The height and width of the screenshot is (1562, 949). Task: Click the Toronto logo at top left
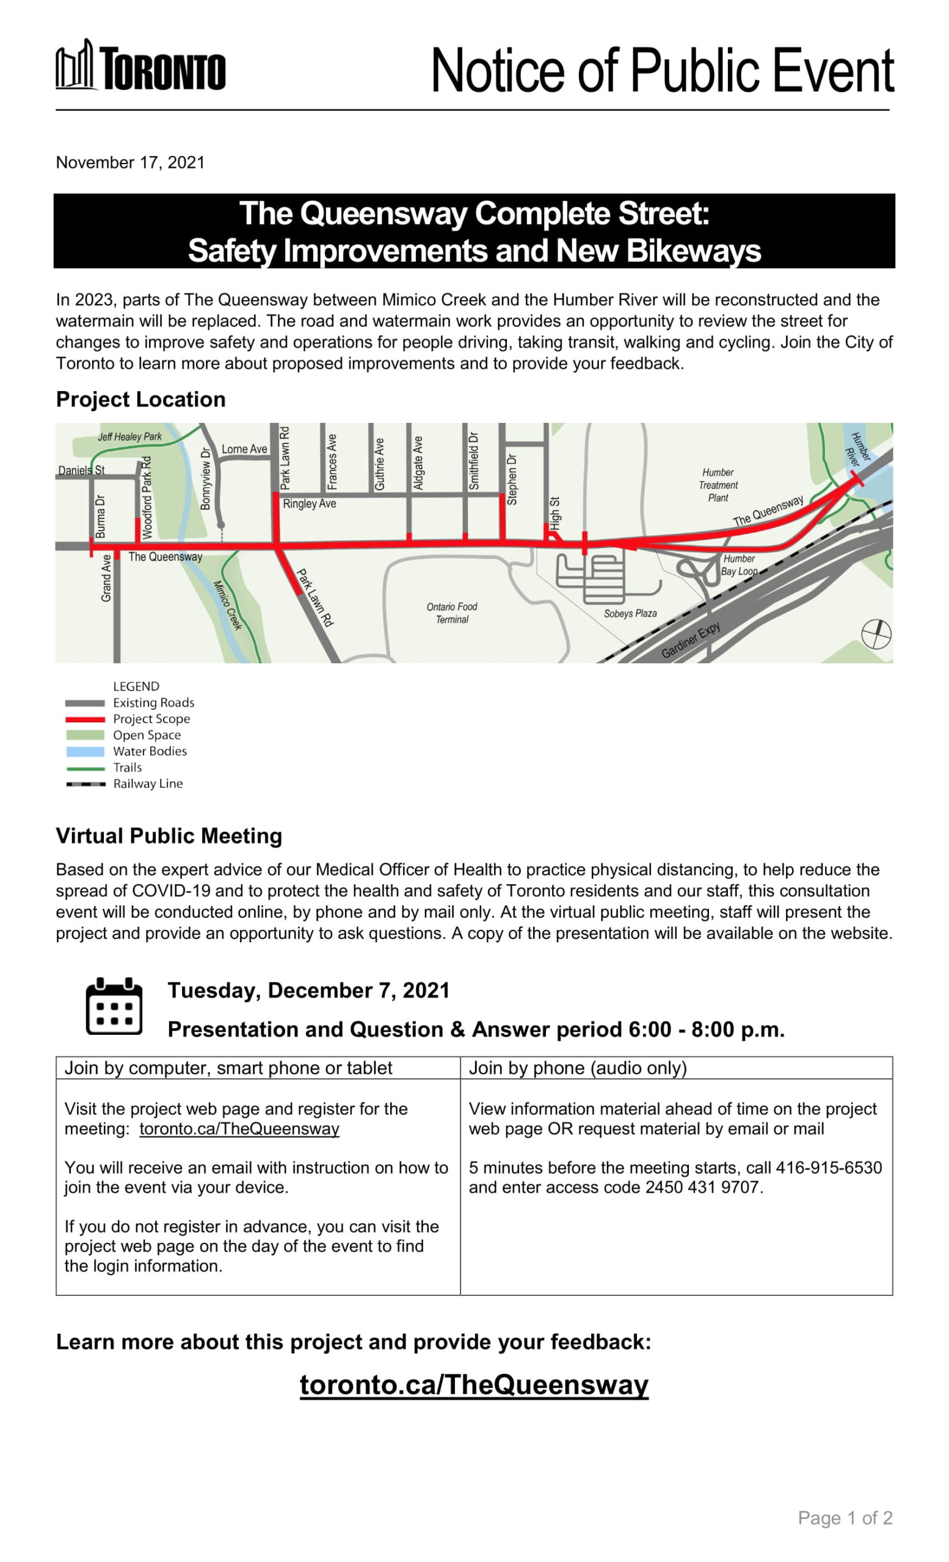click(x=140, y=67)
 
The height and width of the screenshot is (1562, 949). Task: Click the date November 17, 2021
click(x=130, y=163)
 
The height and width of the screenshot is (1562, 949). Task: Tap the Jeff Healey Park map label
click(x=129, y=437)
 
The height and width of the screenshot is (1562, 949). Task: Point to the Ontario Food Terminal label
click(x=452, y=613)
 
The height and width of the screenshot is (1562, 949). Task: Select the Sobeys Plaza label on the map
click(x=629, y=614)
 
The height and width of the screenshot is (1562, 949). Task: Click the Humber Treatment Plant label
click(x=718, y=485)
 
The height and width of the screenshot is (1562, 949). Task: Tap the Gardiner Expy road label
click(x=690, y=640)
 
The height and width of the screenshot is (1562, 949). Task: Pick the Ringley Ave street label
click(x=309, y=504)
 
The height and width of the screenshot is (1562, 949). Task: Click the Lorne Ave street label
click(x=244, y=450)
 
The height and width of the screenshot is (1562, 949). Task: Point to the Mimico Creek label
click(x=228, y=605)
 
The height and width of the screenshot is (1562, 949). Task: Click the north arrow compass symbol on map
click(x=876, y=634)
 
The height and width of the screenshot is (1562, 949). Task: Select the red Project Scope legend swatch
click(x=85, y=719)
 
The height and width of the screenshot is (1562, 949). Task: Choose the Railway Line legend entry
click(x=147, y=784)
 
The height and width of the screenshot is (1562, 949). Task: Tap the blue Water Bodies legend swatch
click(x=85, y=752)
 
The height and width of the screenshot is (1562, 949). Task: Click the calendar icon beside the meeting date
click(x=114, y=1006)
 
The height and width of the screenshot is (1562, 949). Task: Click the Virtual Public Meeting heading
click(x=169, y=836)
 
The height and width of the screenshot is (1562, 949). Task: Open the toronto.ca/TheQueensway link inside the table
click(x=239, y=1129)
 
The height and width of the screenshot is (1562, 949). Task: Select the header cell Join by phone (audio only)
click(x=577, y=1068)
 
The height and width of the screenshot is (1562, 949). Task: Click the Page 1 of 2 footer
click(x=845, y=1518)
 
